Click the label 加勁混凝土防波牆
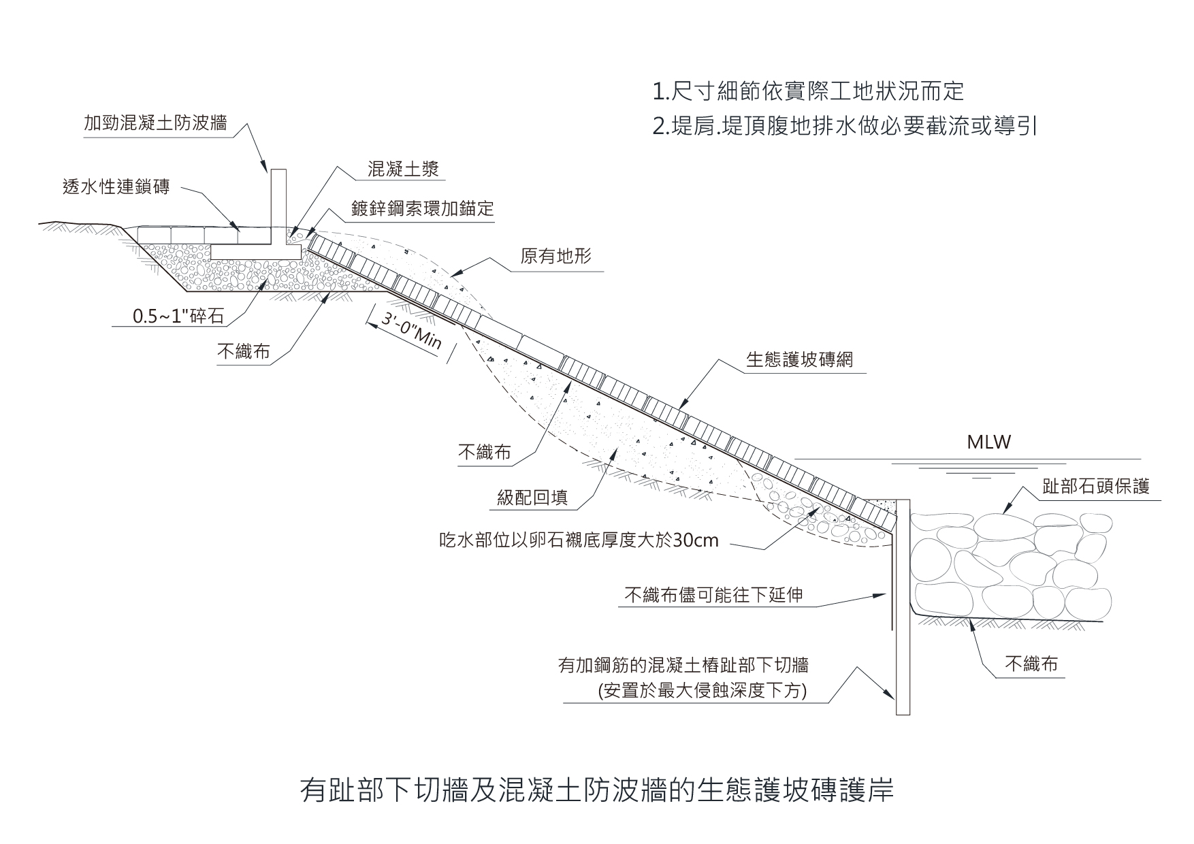[155, 123]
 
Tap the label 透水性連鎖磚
[116, 186]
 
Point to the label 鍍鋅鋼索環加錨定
[422, 208]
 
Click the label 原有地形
[555, 257]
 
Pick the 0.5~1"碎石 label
[178, 317]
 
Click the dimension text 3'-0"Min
[411, 331]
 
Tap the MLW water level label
[988, 442]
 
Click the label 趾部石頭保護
[1095, 486]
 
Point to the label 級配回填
[532, 498]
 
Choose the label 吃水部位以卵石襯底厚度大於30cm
[579, 540]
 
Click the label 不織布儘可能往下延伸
[713, 596]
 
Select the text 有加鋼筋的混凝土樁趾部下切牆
[683, 665]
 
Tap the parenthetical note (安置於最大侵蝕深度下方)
[702, 691]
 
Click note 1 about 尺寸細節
[807, 91]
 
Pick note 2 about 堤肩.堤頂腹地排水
[844, 127]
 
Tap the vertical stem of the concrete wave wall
[278, 204]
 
